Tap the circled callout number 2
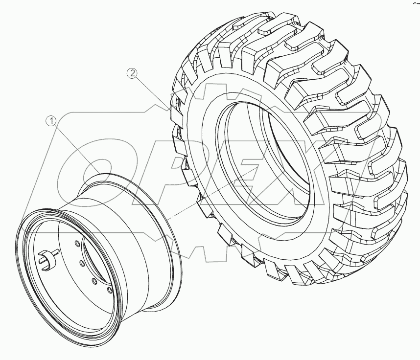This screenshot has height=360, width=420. pos(132,74)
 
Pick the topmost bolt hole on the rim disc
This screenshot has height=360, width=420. pos(78,244)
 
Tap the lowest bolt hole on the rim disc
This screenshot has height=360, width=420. pos(110,291)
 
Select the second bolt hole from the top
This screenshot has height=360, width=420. pos(83,263)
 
